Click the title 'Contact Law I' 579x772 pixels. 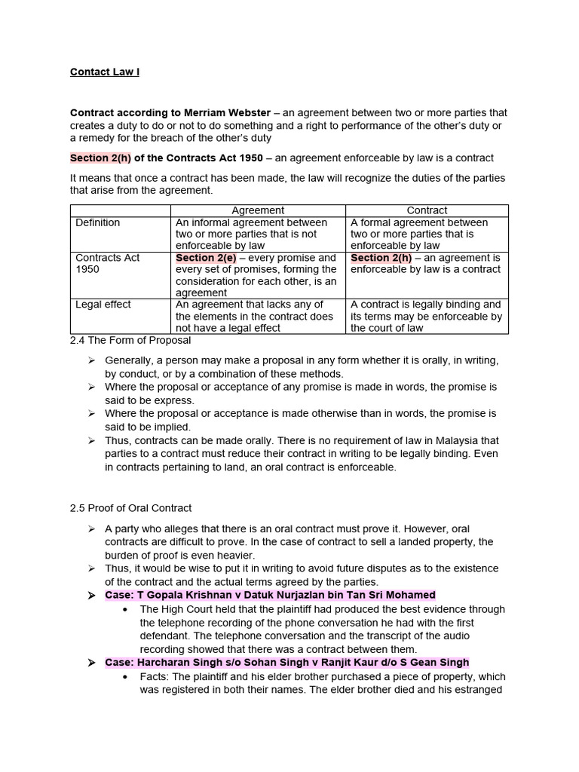coord(105,72)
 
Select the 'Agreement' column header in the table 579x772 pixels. coord(258,210)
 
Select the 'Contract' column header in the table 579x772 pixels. coord(427,210)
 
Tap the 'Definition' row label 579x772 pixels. coord(98,222)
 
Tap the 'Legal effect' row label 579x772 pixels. coord(103,305)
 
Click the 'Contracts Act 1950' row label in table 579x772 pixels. coord(108,263)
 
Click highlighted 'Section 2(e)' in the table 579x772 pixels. coord(206,258)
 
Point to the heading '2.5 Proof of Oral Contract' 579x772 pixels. coord(131,507)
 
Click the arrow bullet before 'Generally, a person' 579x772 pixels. coord(90,360)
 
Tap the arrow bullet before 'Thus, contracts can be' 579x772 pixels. coord(90,440)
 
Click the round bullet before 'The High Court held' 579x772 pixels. coord(124,608)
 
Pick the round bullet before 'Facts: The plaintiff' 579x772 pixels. coord(124,676)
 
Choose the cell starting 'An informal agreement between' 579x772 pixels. coord(258,234)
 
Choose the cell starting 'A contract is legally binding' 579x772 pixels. coord(427,316)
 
